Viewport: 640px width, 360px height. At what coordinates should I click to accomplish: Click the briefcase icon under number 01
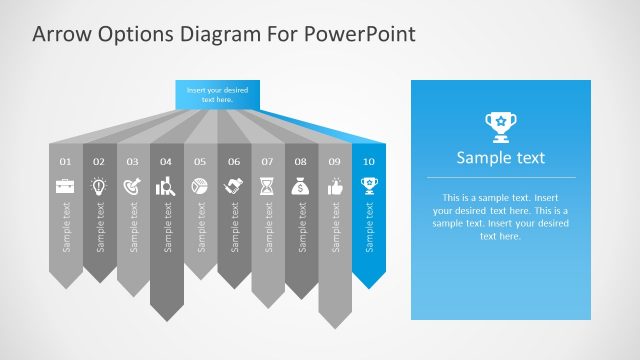coord(65,185)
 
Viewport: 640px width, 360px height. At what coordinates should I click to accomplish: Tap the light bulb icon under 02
coord(99,185)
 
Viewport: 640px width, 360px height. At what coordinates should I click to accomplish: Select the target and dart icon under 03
coord(133,185)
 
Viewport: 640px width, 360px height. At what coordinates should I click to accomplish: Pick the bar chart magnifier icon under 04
coord(166,185)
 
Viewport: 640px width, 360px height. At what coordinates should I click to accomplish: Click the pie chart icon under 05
coord(200,185)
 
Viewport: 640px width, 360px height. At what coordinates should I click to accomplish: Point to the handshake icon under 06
coord(234,185)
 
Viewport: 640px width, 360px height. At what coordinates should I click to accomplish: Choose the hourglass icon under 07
coord(267,185)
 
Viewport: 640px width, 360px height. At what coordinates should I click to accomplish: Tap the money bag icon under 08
coord(301,185)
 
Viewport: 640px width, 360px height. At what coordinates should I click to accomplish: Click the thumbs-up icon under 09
coord(335,185)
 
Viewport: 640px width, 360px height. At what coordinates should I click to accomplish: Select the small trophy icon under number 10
coord(369,185)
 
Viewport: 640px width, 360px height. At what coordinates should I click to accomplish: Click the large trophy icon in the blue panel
coord(500,124)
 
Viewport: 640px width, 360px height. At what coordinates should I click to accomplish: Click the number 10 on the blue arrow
coord(369,161)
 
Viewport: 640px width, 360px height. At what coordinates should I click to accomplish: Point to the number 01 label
coord(65,161)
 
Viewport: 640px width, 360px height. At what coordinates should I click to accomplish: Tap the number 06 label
coord(234,161)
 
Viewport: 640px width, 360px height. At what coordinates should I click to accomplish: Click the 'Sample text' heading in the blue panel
coord(500,157)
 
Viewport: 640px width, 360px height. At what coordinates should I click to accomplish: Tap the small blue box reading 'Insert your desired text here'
coord(217,95)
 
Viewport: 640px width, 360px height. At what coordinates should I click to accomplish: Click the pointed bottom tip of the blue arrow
coord(369,287)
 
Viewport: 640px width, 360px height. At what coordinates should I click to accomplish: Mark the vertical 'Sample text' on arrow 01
coord(66,227)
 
